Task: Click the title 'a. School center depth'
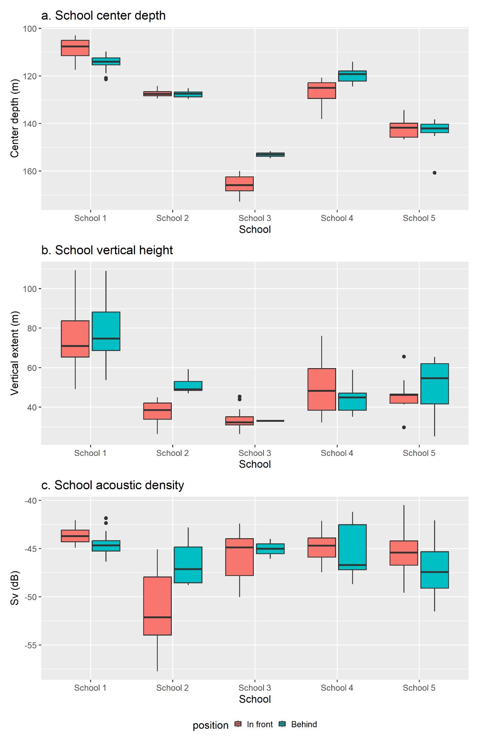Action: (x=103, y=16)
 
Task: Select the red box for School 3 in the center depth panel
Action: (x=239, y=184)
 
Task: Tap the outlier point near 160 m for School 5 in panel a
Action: (x=434, y=173)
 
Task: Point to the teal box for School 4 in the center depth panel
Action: (x=352, y=76)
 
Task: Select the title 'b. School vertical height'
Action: (x=107, y=250)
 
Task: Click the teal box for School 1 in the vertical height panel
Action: (x=106, y=331)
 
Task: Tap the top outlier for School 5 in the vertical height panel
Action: (x=404, y=357)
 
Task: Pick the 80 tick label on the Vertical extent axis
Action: (x=32, y=328)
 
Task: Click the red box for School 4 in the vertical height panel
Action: (x=322, y=389)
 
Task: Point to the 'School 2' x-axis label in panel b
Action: (x=172, y=453)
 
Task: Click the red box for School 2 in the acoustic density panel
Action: (x=157, y=606)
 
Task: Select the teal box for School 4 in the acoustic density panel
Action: (x=352, y=547)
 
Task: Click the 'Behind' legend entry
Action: (x=304, y=725)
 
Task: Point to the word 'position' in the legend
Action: (x=210, y=725)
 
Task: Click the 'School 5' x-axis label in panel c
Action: (x=419, y=688)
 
